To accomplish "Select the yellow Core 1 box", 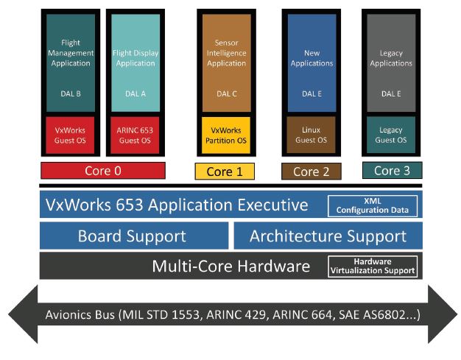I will [225, 172].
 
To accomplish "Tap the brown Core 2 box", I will [311, 172].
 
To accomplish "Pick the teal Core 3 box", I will [391, 171].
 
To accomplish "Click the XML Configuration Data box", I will [372, 205].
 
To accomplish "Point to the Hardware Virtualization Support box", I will [372, 266].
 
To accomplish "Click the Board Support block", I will [133, 236].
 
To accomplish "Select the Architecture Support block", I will [328, 236].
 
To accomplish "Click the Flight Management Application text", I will [70, 53].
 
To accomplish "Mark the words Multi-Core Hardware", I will [230, 266].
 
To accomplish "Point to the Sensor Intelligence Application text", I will [225, 53].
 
